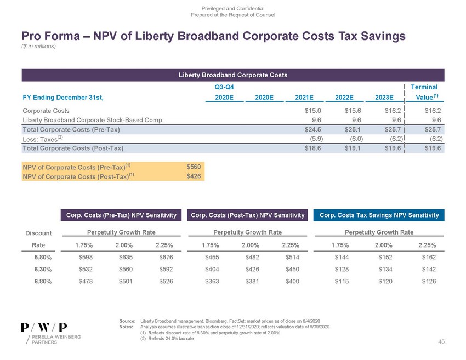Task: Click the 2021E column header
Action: [x=304, y=97]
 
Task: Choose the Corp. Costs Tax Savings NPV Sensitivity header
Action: [x=379, y=215]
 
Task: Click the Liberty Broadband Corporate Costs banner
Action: [x=232, y=74]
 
